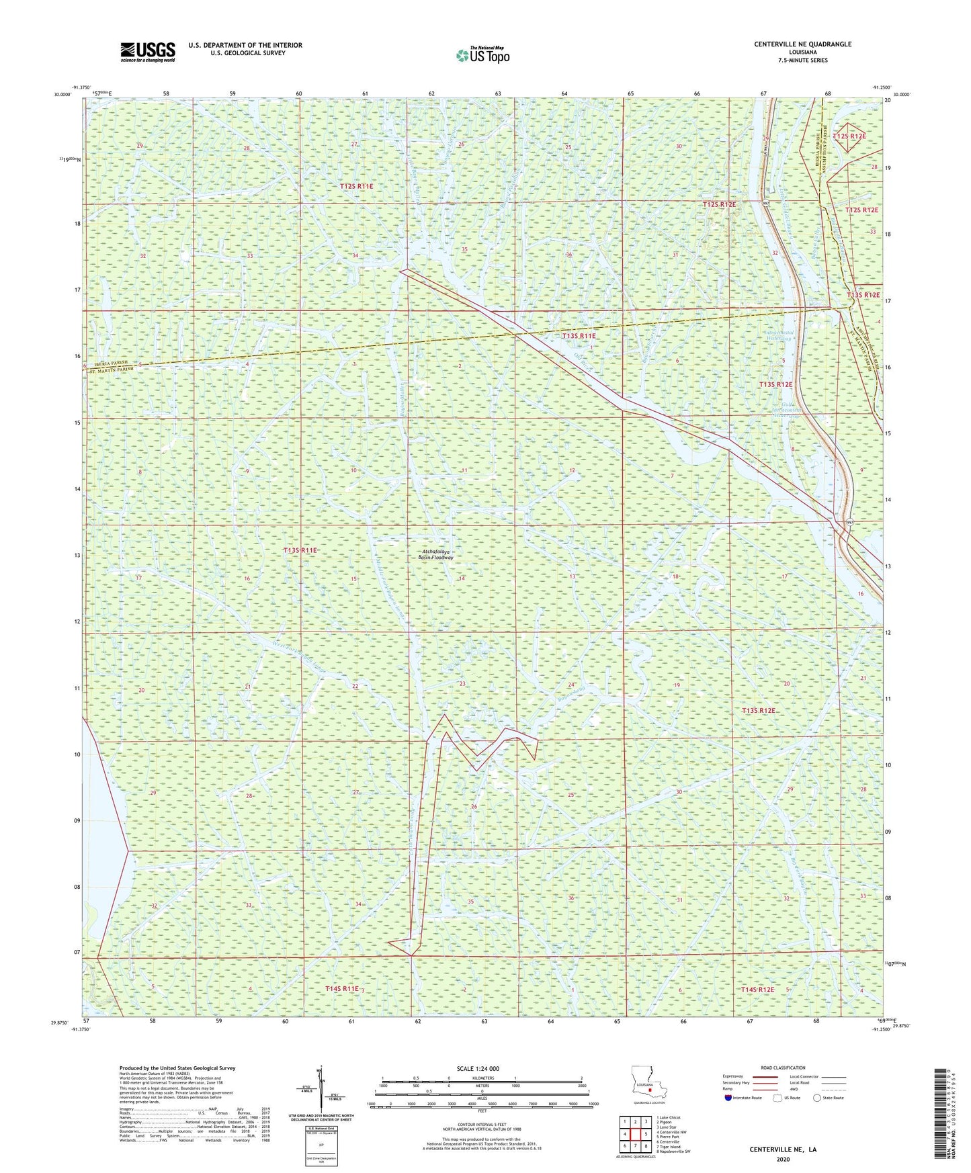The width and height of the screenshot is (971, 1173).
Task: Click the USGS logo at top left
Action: coord(148,52)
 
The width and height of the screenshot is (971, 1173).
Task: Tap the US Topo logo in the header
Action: coord(482,55)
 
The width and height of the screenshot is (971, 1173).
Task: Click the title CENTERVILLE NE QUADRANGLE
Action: coord(802,44)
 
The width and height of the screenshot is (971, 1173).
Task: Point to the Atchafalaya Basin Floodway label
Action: coord(436,554)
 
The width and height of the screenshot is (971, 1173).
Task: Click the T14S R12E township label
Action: coord(758,990)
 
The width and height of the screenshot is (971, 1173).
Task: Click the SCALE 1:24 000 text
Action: coord(478,1068)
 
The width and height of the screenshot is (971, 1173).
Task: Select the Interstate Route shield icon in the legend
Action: coord(728,1098)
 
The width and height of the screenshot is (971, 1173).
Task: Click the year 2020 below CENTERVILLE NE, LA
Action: coord(783,1159)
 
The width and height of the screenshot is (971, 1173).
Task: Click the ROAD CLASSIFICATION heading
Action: coord(783,1068)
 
